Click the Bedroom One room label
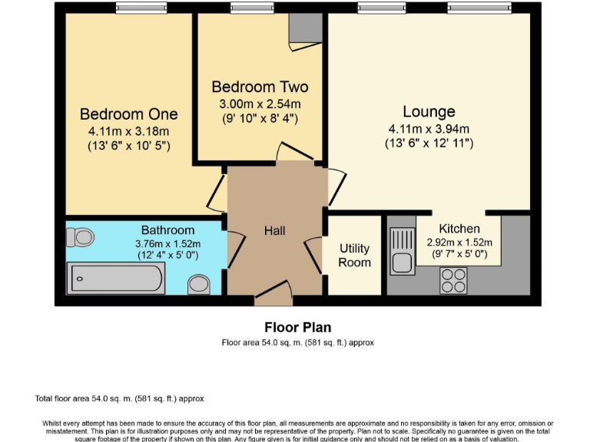(x=128, y=114)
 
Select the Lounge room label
(x=429, y=112)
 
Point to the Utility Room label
(x=354, y=256)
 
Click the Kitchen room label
(x=459, y=229)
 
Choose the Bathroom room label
(x=167, y=229)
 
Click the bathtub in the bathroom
(x=115, y=278)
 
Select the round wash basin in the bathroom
(x=200, y=284)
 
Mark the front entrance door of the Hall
(x=273, y=292)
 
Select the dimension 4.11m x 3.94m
(x=429, y=129)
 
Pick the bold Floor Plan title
(x=297, y=328)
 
